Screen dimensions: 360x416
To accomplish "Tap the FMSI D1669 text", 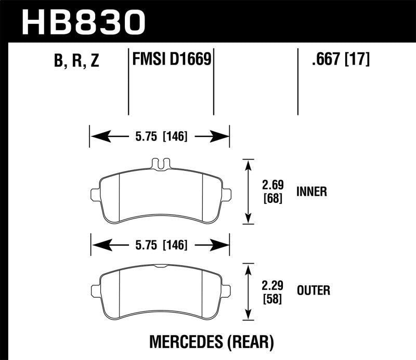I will click(x=171, y=60).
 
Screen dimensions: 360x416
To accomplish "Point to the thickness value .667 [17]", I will click(x=341, y=60).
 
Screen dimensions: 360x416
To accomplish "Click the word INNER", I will click(x=311, y=192).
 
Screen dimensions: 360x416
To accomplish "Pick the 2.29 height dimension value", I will click(x=272, y=285).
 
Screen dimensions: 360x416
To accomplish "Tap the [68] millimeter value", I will click(x=272, y=198).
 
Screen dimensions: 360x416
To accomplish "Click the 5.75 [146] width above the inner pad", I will click(x=160, y=137).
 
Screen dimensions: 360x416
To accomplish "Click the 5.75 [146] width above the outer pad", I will click(x=160, y=244).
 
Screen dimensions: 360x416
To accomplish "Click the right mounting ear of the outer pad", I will click(x=227, y=290).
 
